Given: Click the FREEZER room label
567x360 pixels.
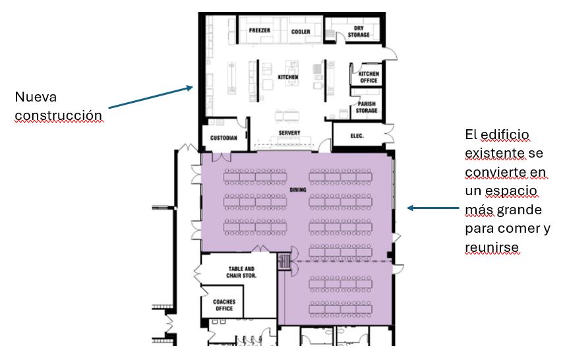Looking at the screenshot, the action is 259,31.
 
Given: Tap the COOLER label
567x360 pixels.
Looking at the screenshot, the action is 301,32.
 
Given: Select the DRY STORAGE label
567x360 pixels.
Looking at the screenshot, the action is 359,32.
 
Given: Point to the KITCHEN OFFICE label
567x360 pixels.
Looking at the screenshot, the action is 369,77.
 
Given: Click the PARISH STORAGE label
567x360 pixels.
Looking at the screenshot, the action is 367,107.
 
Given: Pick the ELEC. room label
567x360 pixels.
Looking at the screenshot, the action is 357,136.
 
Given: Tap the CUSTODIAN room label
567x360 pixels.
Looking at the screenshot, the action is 224,138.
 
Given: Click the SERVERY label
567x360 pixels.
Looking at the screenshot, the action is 289,133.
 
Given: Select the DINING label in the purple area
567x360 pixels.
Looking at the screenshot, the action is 298,190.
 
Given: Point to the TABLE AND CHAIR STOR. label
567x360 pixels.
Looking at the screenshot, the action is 241,272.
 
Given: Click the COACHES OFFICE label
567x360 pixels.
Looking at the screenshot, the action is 224,305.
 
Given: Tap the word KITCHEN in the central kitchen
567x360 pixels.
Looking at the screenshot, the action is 288,77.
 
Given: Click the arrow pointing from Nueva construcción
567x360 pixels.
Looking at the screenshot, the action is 151,97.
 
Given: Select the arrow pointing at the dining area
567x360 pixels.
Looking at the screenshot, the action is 433,208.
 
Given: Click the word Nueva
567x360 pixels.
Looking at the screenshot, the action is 36,97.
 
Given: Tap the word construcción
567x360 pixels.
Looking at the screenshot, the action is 59,115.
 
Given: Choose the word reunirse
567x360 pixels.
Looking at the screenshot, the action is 492,247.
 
